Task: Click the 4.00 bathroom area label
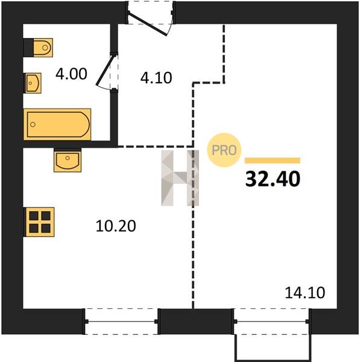click(71, 74)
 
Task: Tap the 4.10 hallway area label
click(156, 78)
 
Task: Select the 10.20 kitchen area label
click(116, 226)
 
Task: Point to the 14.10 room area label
click(305, 293)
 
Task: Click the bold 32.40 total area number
click(273, 179)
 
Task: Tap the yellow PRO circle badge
click(224, 150)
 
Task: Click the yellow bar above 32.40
click(273, 160)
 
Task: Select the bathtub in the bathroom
click(57, 124)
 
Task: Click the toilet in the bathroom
click(39, 48)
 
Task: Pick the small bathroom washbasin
click(33, 83)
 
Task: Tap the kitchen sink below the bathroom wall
click(68, 160)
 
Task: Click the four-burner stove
click(39, 222)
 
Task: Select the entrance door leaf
click(147, 24)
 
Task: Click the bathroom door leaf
click(106, 70)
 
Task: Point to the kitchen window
click(121, 322)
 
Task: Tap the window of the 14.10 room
click(271, 322)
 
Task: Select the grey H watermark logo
click(180, 178)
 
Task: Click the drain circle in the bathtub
click(33, 124)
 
